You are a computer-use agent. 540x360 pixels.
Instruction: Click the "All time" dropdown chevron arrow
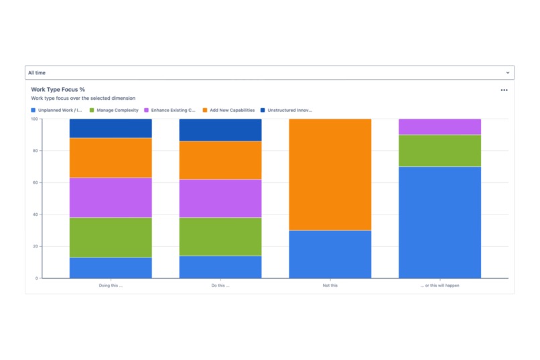(508, 72)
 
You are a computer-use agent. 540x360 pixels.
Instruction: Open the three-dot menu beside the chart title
(504, 90)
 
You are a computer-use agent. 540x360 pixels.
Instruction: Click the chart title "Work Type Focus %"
(58, 89)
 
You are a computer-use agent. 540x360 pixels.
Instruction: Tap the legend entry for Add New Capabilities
(228, 110)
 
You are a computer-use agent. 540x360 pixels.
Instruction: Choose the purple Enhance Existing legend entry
(170, 110)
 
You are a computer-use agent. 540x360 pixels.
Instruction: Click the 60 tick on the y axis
(36, 182)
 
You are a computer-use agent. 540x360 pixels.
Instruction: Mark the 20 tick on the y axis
(36, 246)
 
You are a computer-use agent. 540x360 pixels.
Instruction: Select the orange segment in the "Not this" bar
(330, 174)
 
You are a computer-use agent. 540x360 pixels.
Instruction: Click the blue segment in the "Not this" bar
(330, 254)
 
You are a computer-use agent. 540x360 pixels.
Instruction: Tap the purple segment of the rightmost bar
(440, 127)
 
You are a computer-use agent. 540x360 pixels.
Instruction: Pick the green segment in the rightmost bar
(440, 151)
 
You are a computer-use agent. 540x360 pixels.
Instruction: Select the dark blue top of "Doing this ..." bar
(111, 128)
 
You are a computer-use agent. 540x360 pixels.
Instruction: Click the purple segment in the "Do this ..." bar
(220, 198)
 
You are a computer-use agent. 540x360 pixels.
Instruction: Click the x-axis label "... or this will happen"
(440, 285)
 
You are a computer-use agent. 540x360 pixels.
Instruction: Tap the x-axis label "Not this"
(330, 285)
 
